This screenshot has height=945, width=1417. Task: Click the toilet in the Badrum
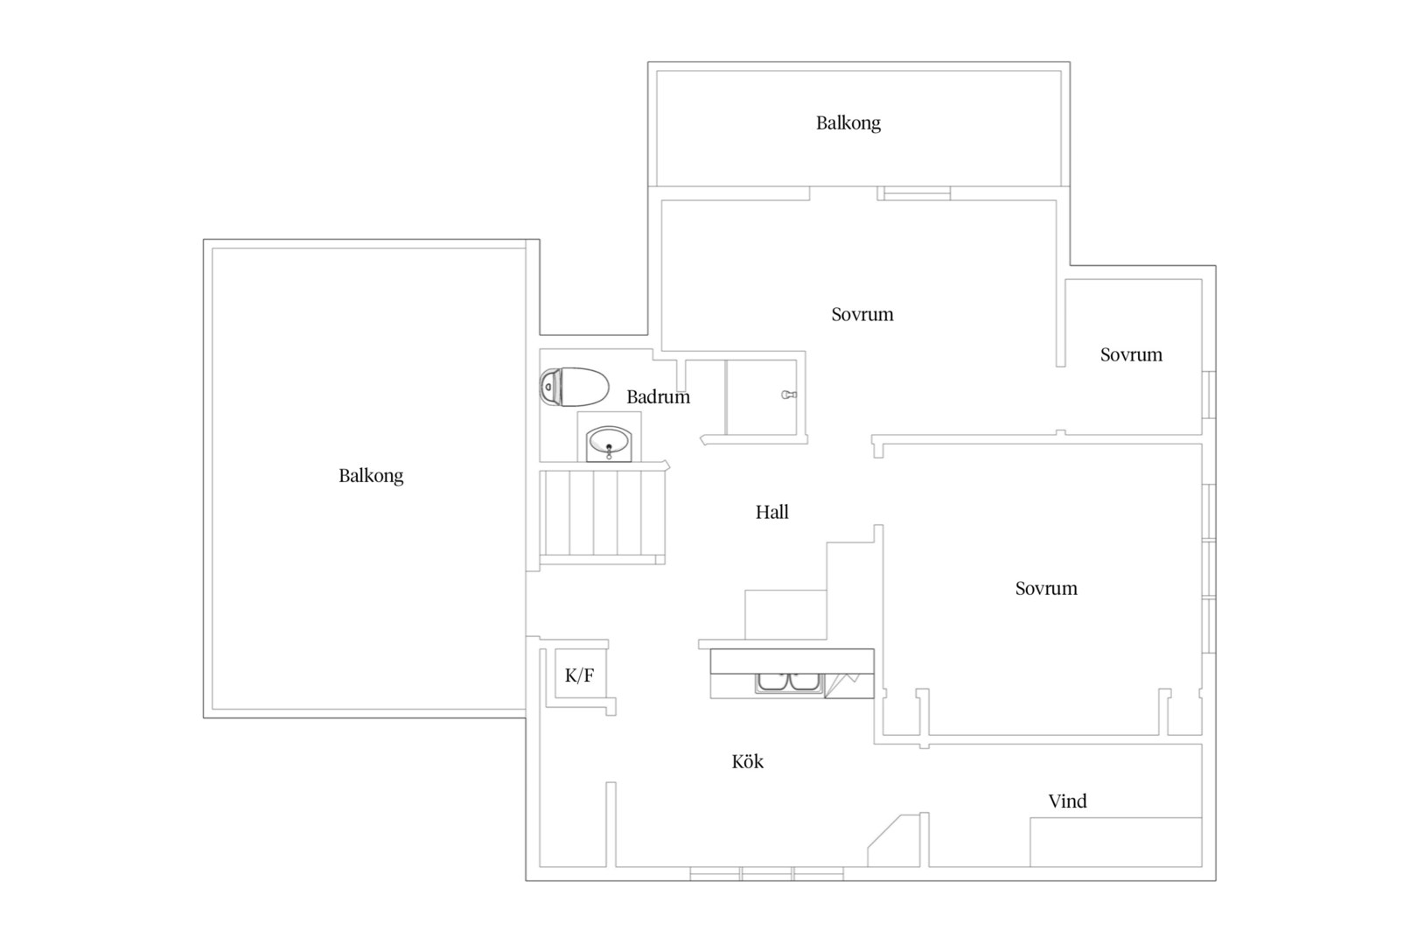574,386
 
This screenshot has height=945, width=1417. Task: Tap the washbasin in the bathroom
609,443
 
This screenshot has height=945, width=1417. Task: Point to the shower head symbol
789,395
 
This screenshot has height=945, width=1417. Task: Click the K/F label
579,675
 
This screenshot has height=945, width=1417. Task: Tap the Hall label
771,512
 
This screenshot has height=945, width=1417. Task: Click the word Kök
747,761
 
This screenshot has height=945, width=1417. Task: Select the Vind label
1068,801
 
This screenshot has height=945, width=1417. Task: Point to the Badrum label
658,397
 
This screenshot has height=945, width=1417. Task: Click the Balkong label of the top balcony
848,122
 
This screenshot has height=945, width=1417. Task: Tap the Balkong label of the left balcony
371,475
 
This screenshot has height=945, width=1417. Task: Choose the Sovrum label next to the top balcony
862,315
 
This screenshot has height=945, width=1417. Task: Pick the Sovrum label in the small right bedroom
1131,354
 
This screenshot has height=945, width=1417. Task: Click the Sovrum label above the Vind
1046,589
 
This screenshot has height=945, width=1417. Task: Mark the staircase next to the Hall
602,514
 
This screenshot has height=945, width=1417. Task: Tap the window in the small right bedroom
1209,395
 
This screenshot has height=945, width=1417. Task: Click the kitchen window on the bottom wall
767,873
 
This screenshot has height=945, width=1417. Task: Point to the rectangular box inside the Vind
1116,843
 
